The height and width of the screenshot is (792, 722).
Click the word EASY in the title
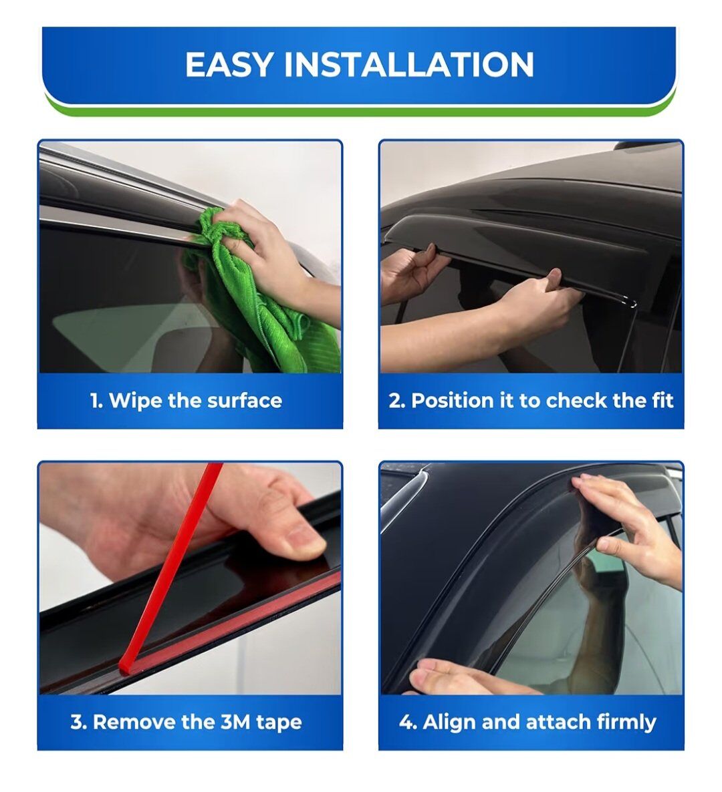pos(230,64)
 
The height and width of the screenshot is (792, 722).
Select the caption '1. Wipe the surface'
pos(186,401)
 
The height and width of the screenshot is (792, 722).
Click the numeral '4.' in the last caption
pos(408,723)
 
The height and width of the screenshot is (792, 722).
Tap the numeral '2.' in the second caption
pos(397,401)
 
